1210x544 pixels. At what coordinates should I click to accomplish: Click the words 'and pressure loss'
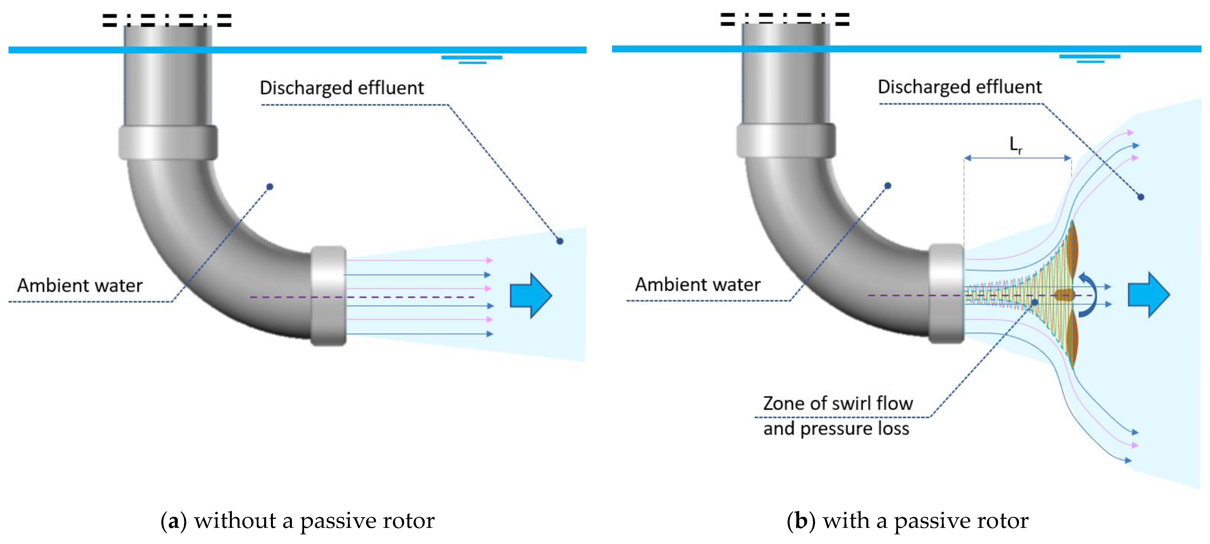click(836, 429)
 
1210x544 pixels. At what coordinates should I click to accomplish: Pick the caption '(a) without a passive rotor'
click(298, 521)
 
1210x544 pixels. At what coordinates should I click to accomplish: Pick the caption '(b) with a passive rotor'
click(908, 521)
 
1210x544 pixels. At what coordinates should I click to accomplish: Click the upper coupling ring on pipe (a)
click(168, 142)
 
